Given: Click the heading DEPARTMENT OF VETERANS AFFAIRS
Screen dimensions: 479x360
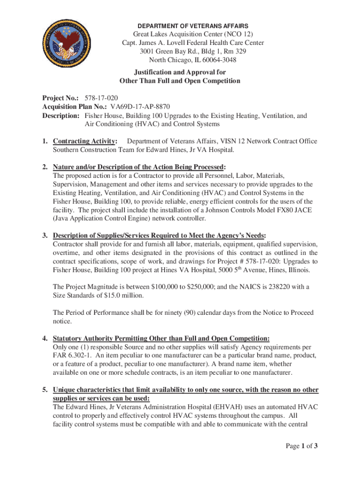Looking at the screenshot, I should tap(193, 26).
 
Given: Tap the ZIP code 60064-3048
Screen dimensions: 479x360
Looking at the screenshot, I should tap(214, 60).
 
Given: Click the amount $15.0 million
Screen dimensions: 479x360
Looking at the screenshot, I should tap(127, 295).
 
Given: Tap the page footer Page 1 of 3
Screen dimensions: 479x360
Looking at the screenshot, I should tap(302, 446).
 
